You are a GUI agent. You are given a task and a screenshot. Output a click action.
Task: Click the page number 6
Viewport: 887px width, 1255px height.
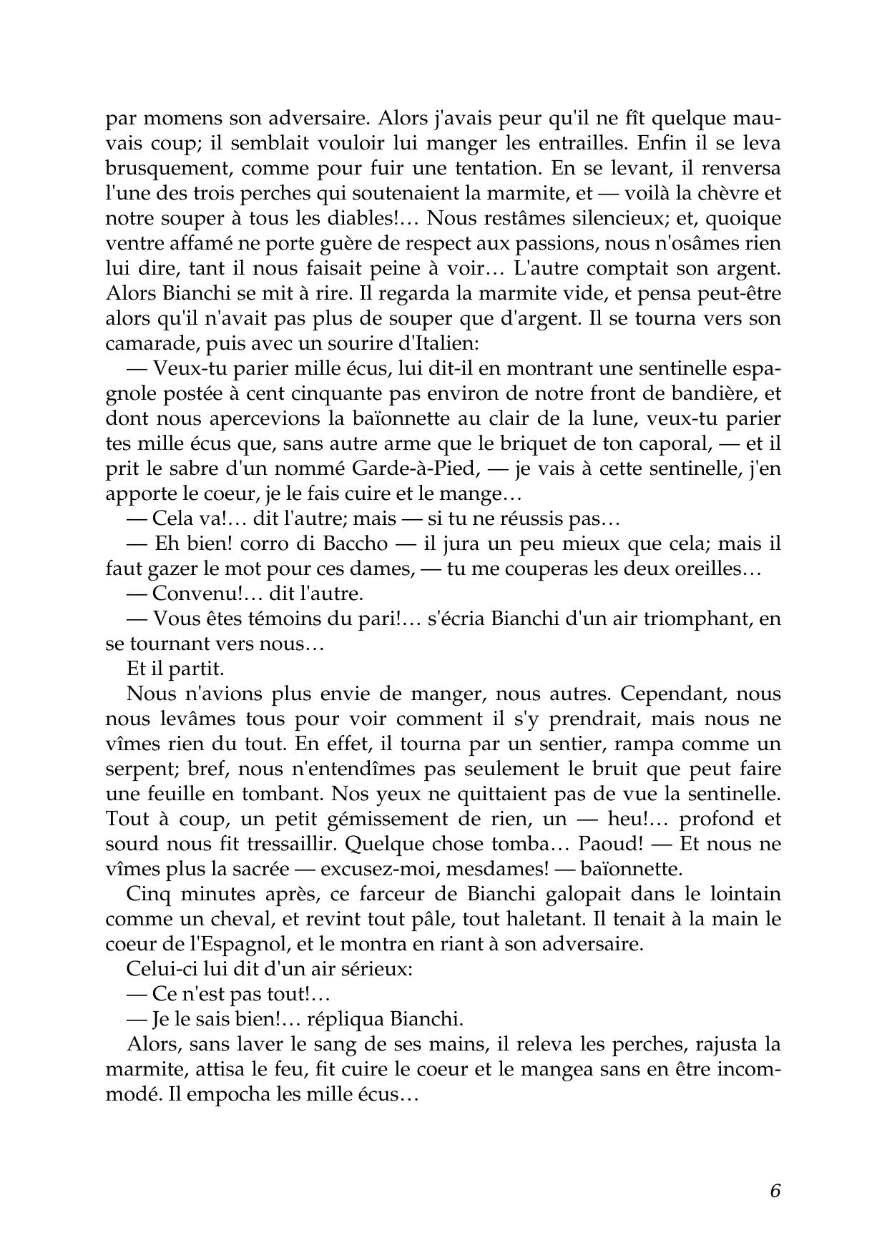(775, 1191)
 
